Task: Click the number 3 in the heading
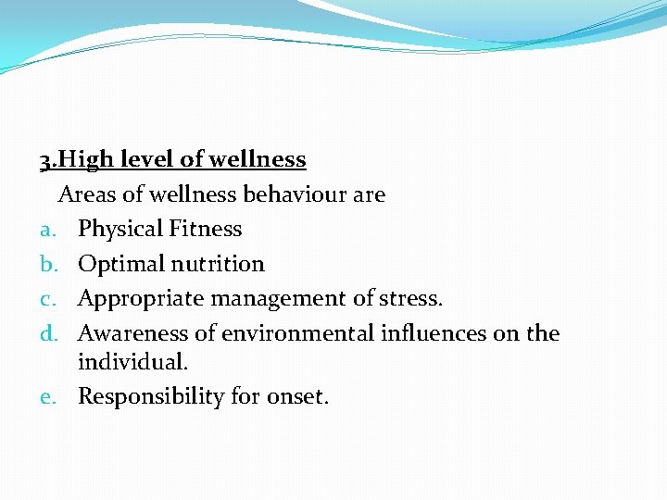pos(44,160)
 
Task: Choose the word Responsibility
pos(152,397)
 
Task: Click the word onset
pos(296,397)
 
